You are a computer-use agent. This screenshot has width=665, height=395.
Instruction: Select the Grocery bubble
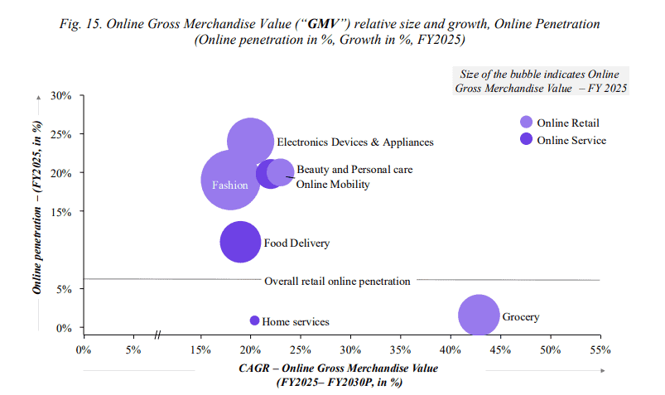tap(479, 316)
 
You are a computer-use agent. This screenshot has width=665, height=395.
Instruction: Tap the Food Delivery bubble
tap(240, 243)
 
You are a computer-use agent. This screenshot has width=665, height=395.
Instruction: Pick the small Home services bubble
tap(255, 320)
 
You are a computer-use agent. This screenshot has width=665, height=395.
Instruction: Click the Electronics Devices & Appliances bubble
tap(251, 142)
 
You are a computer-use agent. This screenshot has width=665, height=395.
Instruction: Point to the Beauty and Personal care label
tap(354, 169)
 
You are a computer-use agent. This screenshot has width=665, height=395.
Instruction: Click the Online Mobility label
tap(333, 184)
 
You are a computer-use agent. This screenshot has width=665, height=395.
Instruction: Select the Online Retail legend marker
tap(526, 122)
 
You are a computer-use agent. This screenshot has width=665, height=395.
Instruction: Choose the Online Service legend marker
tap(526, 139)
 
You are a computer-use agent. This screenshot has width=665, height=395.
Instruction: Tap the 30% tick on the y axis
tap(62, 95)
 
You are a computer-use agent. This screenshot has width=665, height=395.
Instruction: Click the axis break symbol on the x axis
tap(157, 335)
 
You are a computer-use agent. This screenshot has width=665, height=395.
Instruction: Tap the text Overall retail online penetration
tap(337, 281)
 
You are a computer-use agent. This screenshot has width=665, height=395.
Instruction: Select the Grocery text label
tap(521, 316)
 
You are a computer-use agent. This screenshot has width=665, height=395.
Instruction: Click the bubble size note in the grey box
tap(541, 81)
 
